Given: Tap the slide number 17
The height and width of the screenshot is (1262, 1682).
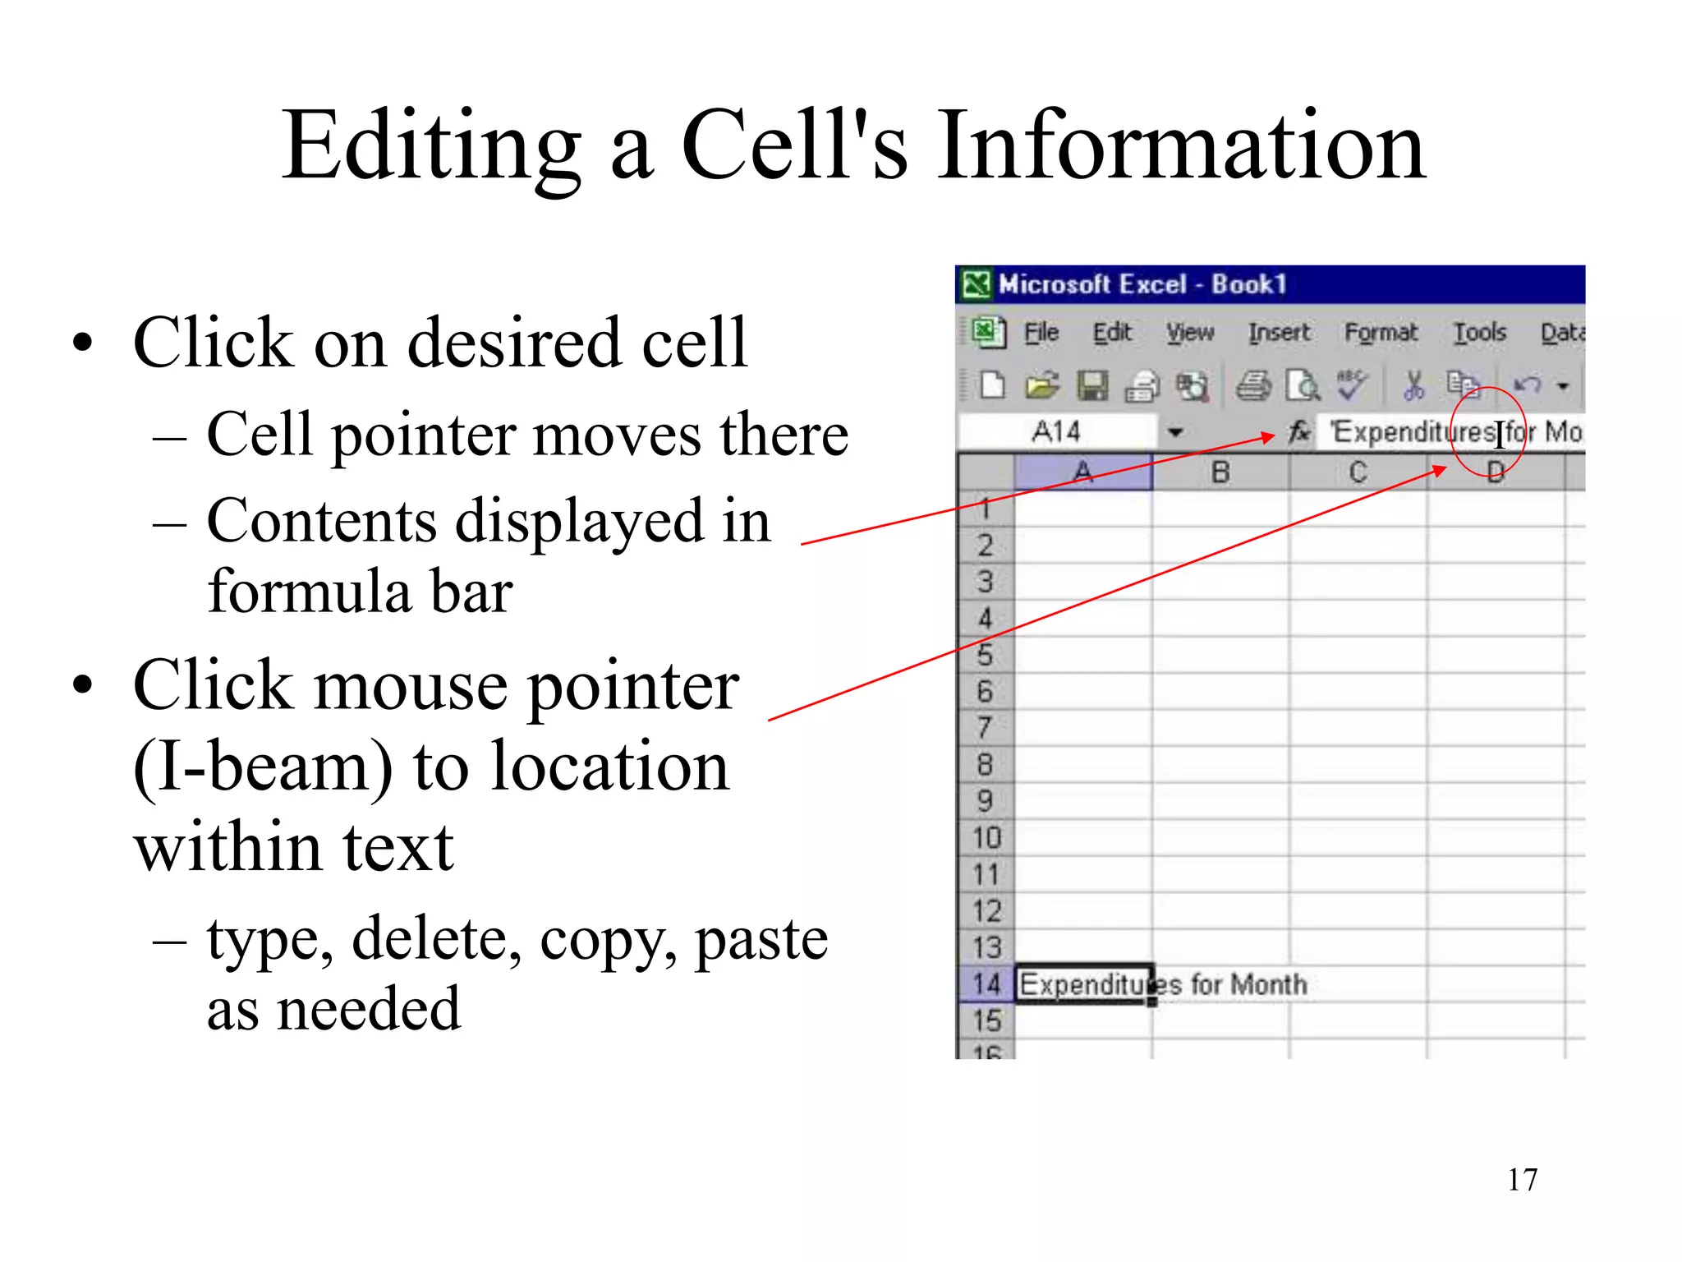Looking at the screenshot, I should click(1522, 1180).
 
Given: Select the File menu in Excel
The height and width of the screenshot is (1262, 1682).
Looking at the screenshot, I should click(1041, 333).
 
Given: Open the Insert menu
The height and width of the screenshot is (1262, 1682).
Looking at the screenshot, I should click(1279, 333).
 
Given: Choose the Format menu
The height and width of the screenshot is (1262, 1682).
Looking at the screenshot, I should click(1381, 333).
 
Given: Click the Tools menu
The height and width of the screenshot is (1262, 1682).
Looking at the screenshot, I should click(1480, 333).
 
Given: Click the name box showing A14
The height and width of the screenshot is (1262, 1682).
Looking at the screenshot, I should click(1057, 431).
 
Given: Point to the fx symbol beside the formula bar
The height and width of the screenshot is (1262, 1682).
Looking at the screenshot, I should click(1298, 431).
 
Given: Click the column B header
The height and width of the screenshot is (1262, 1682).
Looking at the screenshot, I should click(1220, 472).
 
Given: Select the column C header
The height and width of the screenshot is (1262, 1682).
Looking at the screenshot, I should click(1358, 472).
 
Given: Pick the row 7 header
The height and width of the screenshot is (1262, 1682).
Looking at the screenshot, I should click(985, 728).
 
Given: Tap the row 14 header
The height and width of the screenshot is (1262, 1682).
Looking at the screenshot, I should click(986, 983).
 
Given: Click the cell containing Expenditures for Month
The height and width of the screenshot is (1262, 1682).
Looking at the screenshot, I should click(1084, 983).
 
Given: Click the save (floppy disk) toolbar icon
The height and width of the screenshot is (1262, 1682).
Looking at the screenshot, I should click(1092, 385).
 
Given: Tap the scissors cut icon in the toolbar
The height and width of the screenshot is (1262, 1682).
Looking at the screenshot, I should click(1413, 385).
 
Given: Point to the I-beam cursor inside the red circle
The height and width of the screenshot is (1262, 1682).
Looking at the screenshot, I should click(1500, 433).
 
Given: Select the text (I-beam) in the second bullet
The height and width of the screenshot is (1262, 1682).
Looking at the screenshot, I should click(263, 767).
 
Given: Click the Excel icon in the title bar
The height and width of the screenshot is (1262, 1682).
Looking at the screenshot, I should click(977, 284).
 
